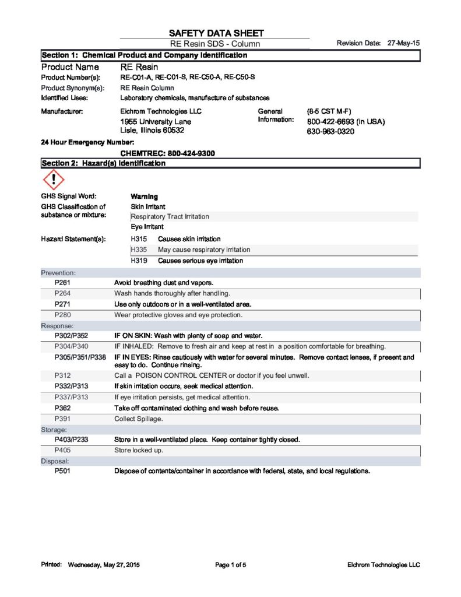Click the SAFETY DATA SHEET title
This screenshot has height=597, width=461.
click(x=216, y=33)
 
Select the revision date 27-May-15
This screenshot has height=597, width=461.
click(x=403, y=44)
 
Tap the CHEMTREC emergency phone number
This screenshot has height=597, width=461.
click(x=167, y=153)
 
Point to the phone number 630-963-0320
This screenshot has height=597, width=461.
click(x=330, y=132)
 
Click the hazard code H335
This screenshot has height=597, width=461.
click(x=139, y=250)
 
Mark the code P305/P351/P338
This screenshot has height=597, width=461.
click(x=80, y=357)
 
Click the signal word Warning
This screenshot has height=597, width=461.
click(x=145, y=196)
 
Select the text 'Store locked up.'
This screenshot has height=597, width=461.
click(x=139, y=450)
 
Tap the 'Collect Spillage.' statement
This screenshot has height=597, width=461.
click(x=139, y=419)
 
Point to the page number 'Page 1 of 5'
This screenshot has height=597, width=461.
click(x=231, y=565)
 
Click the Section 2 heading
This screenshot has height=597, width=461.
click(x=103, y=163)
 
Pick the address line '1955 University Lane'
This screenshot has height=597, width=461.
click(x=156, y=122)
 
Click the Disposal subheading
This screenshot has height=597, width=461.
click(x=55, y=461)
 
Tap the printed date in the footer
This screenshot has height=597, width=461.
click(x=104, y=565)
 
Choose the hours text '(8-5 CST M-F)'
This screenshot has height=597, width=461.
click(x=329, y=111)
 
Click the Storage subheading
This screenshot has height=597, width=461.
click(x=54, y=429)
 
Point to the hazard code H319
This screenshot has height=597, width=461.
click(x=139, y=261)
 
